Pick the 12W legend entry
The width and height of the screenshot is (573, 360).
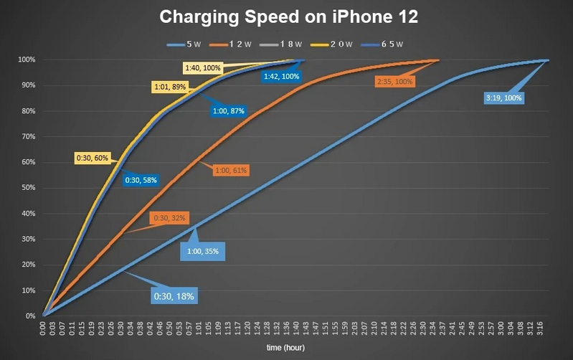[236, 44]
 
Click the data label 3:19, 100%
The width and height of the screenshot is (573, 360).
[504, 98]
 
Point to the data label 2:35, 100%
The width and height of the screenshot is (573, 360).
[394, 82]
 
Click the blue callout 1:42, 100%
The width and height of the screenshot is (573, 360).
[281, 76]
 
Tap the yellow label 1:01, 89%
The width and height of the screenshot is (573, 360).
[169, 87]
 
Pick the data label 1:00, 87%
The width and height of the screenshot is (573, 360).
[229, 111]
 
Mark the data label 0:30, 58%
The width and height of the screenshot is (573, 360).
[141, 181]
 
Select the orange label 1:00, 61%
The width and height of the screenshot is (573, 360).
[230, 170]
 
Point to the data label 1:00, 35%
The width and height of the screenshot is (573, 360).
[203, 251]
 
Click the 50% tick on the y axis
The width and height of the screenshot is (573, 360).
[28, 188]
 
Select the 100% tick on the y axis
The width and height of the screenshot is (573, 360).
[27, 60]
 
